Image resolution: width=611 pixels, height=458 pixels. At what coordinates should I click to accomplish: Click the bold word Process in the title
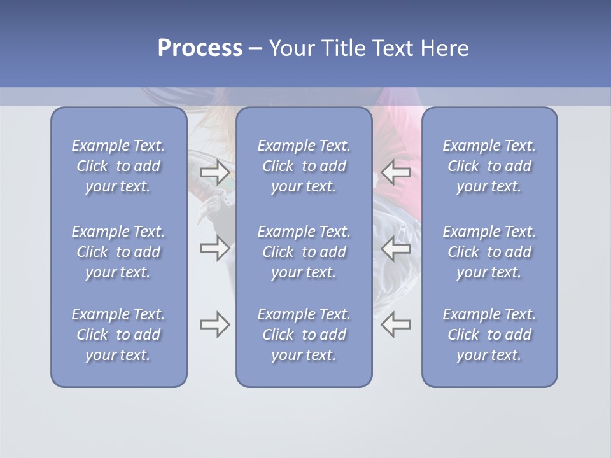200,48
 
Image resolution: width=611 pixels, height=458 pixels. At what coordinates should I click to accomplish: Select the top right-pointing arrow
215,172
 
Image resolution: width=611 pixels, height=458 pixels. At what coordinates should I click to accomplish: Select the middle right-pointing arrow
215,248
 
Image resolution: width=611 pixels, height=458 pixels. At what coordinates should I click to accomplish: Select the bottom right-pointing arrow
215,324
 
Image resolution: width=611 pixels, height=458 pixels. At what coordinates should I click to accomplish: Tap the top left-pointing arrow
396,172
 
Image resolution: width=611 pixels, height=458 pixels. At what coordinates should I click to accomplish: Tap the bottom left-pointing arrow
396,324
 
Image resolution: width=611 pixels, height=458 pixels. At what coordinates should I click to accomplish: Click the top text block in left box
118,166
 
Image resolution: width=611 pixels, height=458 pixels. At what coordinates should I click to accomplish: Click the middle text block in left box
118,252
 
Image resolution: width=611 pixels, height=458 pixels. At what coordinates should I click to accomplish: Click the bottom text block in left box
118,335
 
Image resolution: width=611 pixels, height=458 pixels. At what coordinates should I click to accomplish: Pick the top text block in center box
304,166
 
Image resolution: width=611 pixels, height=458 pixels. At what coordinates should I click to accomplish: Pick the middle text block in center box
304,252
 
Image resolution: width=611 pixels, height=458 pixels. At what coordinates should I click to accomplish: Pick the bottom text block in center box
304,335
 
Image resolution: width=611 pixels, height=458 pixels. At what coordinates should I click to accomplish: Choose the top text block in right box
489,166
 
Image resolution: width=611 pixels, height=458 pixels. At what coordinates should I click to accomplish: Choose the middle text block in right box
489,252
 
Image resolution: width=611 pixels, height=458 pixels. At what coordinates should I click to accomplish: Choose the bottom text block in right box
489,335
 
